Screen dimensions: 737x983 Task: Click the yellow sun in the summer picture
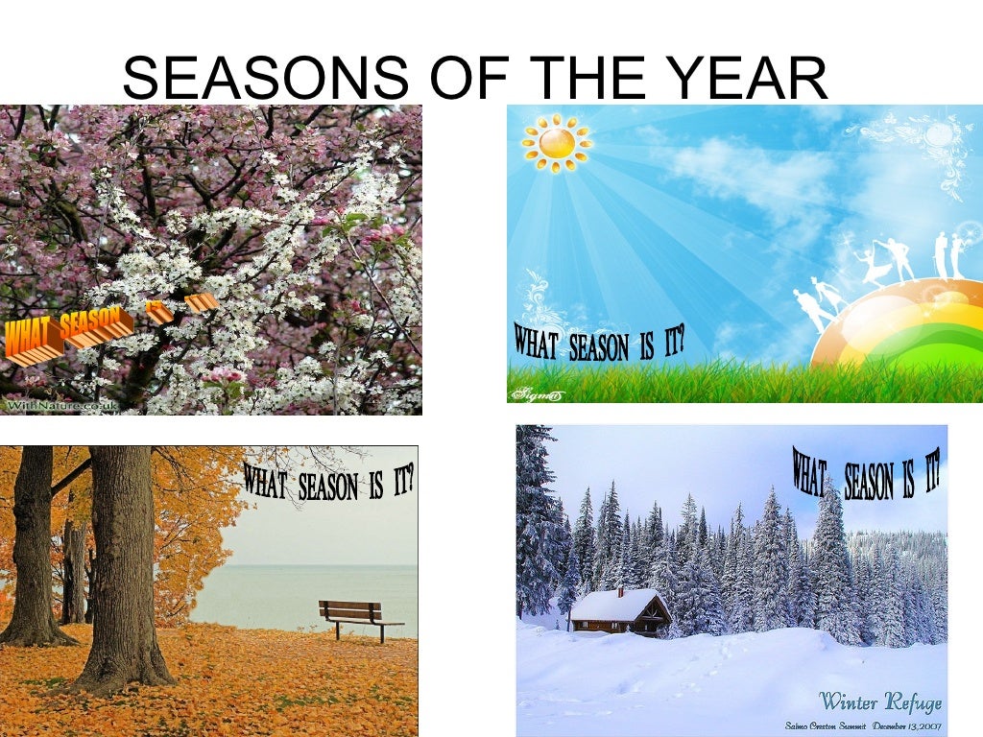tap(556, 143)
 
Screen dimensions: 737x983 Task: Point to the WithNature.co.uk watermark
tap(62, 406)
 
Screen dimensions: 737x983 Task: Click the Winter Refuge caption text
tap(879, 701)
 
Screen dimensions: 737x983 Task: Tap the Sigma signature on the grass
tap(537, 392)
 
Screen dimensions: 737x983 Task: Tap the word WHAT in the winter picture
tap(810, 471)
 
